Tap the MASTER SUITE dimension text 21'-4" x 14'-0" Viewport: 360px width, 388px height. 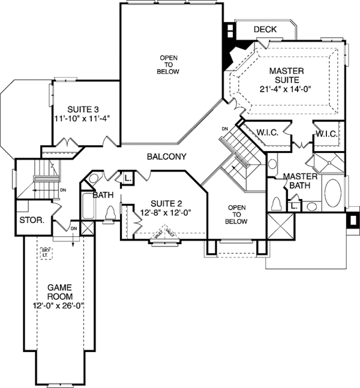click(x=286, y=89)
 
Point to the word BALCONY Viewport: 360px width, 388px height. click(x=166, y=157)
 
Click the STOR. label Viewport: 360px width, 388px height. click(x=32, y=220)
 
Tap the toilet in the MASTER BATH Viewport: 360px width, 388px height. click(x=277, y=203)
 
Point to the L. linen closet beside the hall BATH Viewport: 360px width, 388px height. click(x=128, y=178)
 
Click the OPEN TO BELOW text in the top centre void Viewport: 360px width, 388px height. click(x=169, y=64)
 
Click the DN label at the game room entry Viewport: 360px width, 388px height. click(x=74, y=228)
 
